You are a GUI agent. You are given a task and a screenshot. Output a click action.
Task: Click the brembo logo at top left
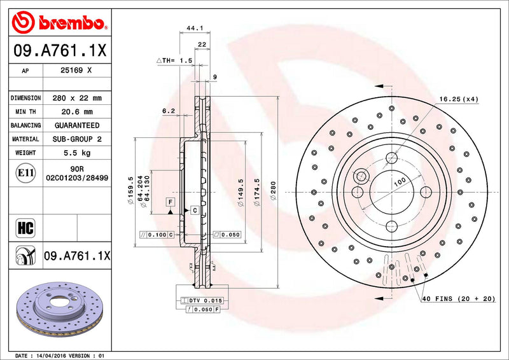point(57,24)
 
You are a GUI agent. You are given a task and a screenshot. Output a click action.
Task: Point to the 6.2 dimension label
point(168,111)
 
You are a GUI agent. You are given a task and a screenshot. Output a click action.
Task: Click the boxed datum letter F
point(170,202)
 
